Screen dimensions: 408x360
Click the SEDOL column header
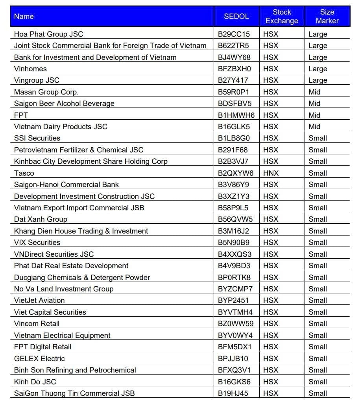[236, 17]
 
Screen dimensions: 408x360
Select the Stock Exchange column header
[282, 17]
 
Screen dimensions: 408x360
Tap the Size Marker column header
[327, 17]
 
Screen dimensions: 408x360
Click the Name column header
[24, 17]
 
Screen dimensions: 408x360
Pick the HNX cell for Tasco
[271, 173]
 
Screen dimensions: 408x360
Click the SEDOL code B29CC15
[234, 34]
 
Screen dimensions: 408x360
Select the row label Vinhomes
[30, 69]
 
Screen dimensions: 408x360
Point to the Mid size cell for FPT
[314, 115]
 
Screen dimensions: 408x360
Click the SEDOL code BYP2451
[233, 300]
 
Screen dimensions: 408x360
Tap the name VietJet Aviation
[39, 300]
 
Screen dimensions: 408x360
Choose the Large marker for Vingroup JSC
[318, 80]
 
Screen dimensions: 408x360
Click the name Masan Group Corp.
[46, 92]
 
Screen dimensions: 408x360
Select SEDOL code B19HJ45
[233, 393]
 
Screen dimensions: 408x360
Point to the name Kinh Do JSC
[35, 382]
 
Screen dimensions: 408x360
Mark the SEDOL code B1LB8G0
[234, 138]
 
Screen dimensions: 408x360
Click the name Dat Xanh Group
[41, 219]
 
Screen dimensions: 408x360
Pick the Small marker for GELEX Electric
[318, 358]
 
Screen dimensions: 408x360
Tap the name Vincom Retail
[37, 323]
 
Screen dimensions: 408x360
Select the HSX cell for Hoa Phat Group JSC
[271, 34]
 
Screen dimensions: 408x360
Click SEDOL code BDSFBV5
[234, 104]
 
